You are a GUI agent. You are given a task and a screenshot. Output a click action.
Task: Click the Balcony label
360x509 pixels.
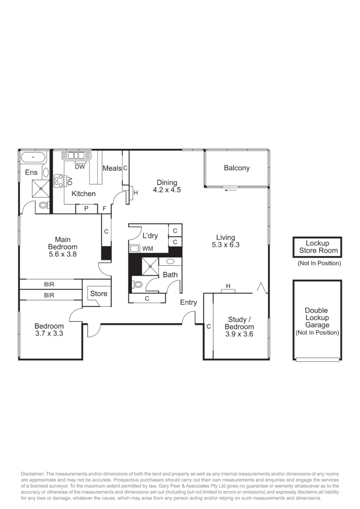[x=237, y=168]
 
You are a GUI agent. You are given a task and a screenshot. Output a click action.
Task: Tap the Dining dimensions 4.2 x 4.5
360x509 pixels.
[x=167, y=190]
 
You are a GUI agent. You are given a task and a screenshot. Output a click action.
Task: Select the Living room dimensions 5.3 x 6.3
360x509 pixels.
[x=226, y=245]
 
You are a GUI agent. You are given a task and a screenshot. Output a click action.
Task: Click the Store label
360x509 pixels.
[x=98, y=294]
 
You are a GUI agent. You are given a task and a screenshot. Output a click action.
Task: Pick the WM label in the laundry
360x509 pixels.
[x=147, y=248]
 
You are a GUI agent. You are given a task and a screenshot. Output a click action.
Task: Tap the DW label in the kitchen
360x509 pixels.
[x=80, y=166]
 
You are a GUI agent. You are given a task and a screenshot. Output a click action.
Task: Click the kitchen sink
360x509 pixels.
[x=75, y=155]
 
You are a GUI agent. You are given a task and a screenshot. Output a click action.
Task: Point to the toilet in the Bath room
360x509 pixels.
[x=138, y=285]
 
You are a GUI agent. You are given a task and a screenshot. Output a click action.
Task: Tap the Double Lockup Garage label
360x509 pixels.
[x=317, y=318]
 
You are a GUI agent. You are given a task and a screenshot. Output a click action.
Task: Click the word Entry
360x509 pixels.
[x=188, y=303]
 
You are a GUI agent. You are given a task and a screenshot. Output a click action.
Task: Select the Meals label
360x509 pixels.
[x=112, y=168]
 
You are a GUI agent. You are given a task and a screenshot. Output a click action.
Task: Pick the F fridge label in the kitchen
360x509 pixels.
[x=105, y=209]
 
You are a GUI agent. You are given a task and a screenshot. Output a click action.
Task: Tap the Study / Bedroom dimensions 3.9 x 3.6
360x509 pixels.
[x=239, y=334]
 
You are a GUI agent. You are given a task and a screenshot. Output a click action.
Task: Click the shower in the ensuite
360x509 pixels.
[x=41, y=188]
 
